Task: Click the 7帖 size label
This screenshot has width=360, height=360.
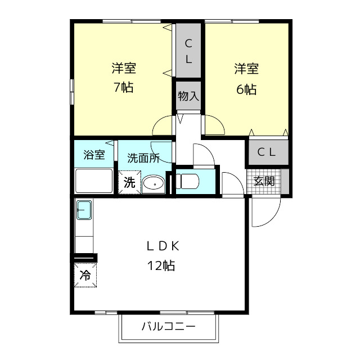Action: pos(124,87)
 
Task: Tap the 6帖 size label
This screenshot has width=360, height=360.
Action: pos(246,89)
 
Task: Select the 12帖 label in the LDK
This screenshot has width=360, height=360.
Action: pos(161,265)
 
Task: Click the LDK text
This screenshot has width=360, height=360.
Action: pos(163,246)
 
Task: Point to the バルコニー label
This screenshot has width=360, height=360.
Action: pos(169,326)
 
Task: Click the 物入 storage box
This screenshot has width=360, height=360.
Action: pos(188,96)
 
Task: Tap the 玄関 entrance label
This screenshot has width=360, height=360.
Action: pos(264,181)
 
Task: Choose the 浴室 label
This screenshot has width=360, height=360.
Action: pos(94,155)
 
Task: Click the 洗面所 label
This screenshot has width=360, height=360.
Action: pos(143,158)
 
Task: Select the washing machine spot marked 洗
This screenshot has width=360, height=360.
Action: pos(129,182)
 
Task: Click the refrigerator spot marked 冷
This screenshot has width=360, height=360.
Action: pos(85,275)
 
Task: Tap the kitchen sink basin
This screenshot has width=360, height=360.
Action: pos(84,210)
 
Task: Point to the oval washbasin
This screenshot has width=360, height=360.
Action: pos(153,184)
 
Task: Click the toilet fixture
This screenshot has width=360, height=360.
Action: pos(187,181)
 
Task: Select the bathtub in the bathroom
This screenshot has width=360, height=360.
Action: pos(94,181)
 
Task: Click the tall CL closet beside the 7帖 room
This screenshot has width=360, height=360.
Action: pos(188,50)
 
